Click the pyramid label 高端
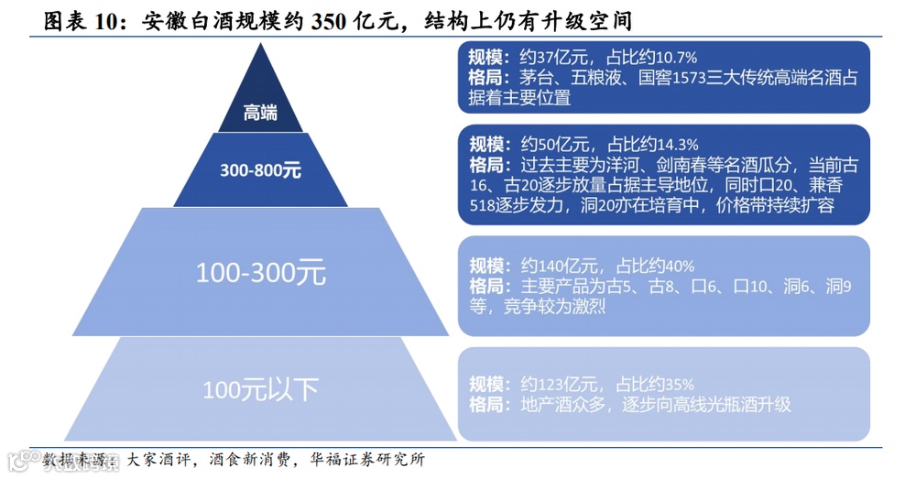pos(260,113)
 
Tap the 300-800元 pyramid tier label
pos(260,169)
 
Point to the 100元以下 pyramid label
pos(260,389)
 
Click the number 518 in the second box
pos(484,206)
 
